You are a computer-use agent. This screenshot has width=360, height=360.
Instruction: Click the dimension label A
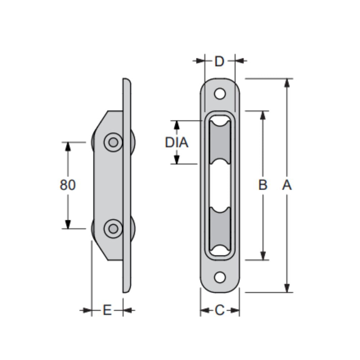point(287,185)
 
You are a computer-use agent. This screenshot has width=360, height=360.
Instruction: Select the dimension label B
point(263,185)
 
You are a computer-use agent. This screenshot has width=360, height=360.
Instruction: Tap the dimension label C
point(220,310)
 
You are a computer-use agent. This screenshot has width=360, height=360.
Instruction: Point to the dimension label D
point(219,62)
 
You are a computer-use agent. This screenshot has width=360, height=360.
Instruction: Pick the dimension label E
point(107,310)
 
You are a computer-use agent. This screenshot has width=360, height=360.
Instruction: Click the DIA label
point(176,143)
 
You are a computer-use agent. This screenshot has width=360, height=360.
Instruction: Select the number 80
point(68,185)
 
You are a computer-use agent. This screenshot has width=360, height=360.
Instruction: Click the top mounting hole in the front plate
point(220,94)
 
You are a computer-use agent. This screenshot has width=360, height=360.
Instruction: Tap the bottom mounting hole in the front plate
point(220,277)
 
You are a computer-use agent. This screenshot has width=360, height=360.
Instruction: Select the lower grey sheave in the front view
point(220,230)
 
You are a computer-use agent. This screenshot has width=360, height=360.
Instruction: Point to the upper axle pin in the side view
point(113,142)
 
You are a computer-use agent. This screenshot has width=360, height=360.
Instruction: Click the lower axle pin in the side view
point(113,228)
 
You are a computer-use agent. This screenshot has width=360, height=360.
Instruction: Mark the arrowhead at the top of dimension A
point(287,83)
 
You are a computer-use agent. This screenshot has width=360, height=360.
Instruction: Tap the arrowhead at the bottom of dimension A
point(287,288)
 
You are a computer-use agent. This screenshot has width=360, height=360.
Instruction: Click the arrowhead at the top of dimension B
point(263,115)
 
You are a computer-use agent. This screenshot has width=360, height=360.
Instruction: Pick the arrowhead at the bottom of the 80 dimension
point(68,224)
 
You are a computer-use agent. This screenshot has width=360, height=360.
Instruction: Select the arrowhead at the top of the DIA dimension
point(176,125)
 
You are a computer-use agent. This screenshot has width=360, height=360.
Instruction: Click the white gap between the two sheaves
point(220,185)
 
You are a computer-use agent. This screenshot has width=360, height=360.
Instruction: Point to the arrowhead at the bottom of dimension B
point(263,256)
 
